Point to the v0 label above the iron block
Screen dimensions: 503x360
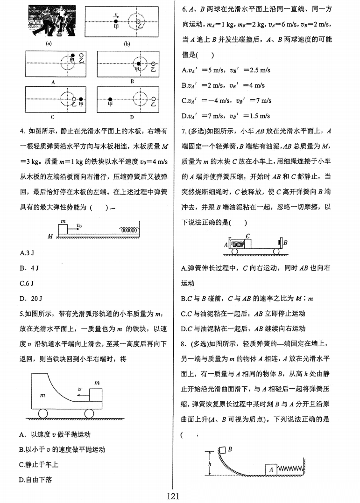(79, 225)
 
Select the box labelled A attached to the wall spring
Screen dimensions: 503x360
(270, 469)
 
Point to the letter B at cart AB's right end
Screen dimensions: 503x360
(285, 243)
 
